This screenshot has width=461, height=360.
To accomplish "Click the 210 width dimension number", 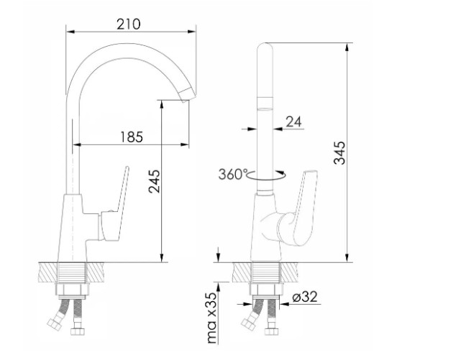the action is coord(129,24).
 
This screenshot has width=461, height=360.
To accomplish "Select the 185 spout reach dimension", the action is coord(132,137).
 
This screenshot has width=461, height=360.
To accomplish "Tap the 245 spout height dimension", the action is coord(155,181).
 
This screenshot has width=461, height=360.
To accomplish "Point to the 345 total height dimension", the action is coord(340,152).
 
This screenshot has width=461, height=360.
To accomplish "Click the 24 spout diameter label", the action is coord(293,121).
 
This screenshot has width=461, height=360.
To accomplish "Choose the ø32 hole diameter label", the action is coord(305,297).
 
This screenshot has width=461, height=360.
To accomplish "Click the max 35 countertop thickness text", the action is coord(212,318).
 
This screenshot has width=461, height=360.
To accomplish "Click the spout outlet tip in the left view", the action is coord(187,95).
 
